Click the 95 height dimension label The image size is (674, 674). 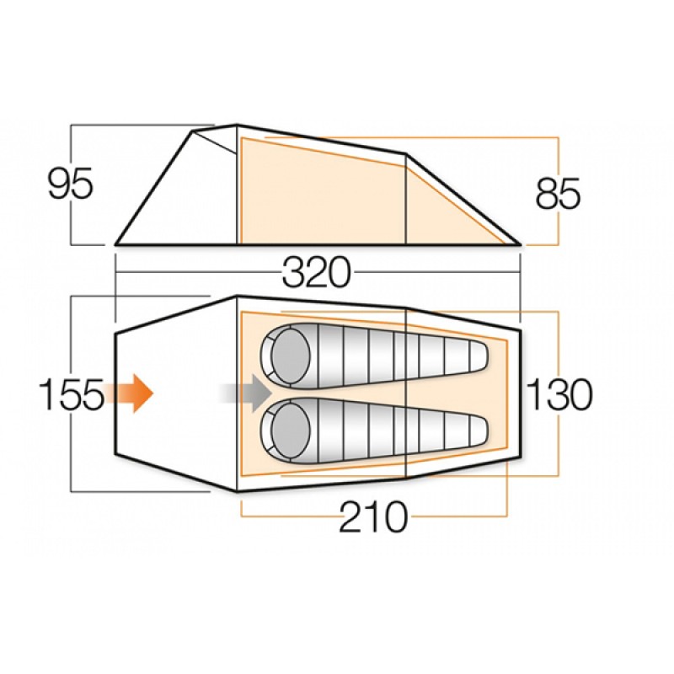(71, 183)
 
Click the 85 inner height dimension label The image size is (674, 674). (558, 194)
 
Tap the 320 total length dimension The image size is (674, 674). (317, 272)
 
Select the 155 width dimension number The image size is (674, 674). (72, 393)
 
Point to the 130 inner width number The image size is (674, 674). (559, 393)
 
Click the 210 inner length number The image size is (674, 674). (373, 516)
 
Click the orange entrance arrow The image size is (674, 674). (130, 393)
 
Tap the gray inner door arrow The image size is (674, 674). (246, 393)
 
